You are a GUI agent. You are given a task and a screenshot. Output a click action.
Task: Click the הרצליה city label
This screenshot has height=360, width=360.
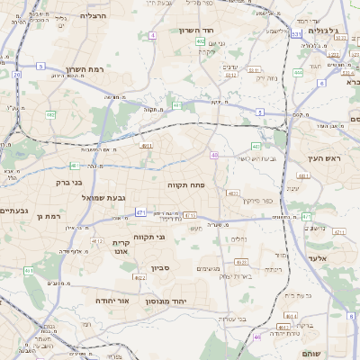coord(93,16)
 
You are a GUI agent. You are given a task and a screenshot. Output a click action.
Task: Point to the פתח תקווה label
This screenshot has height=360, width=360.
coord(186,184)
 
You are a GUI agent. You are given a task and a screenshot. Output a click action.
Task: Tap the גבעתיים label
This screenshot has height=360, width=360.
coord(13,211)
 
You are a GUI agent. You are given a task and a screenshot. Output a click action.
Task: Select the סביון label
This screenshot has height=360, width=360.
coord(161,267)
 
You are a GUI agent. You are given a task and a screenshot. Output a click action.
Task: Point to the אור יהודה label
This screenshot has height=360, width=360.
coord(112,300)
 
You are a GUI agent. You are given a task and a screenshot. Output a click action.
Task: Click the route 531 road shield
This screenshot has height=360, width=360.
coord(296,34)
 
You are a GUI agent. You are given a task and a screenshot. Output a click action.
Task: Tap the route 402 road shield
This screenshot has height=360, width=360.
coord(200,41)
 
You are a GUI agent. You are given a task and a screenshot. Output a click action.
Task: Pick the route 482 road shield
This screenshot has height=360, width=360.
coord(51,115)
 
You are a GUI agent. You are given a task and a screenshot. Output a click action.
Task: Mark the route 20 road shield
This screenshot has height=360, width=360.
coord(17,75)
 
